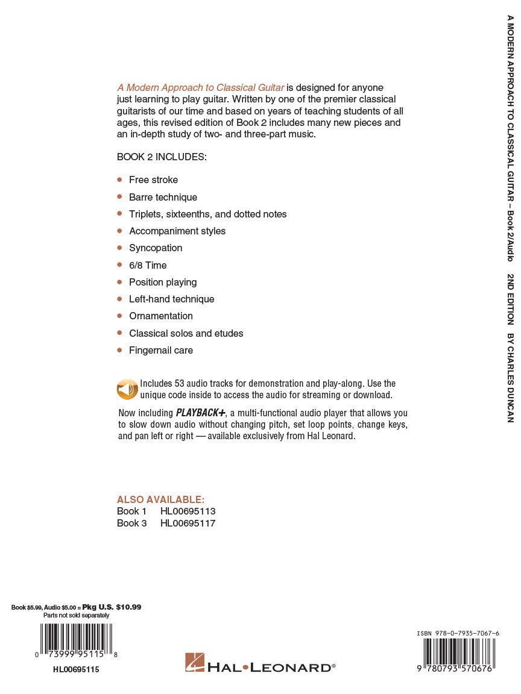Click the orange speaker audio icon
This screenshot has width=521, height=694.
[x=127, y=389]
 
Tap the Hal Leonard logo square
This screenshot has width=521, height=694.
[x=194, y=662]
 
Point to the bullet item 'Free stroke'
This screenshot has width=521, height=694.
[x=153, y=180]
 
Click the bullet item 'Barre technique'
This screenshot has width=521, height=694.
[x=163, y=197]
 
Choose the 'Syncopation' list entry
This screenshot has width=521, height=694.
[x=156, y=248]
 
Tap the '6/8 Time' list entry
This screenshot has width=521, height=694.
[x=148, y=265]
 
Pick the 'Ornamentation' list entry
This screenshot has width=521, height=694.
[x=161, y=316]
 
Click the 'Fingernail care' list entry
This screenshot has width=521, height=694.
[x=161, y=351]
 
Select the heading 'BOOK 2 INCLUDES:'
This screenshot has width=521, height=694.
[x=162, y=157]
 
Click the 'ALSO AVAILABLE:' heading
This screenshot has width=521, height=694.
[x=160, y=500]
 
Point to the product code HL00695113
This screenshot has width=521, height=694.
[x=188, y=511]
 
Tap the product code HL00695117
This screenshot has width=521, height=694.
[x=188, y=524]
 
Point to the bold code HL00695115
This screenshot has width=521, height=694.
[x=76, y=669]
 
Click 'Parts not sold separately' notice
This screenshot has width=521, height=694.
[x=76, y=616]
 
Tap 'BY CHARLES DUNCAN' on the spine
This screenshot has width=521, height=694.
[x=510, y=378]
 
